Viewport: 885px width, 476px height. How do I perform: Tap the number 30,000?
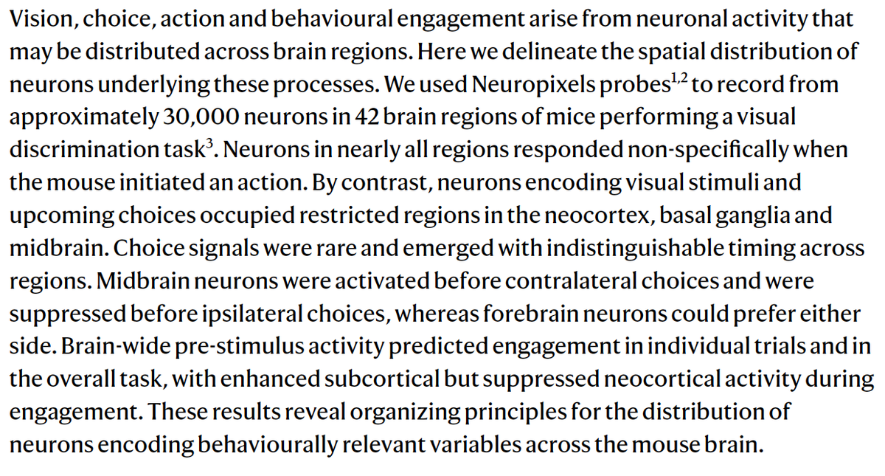(x=197, y=117)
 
